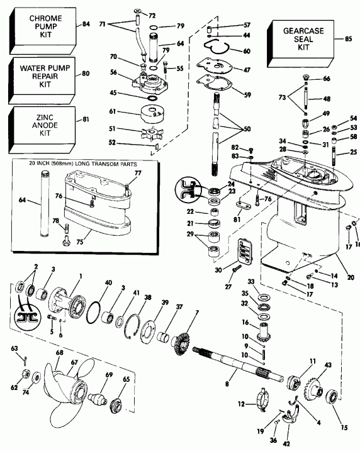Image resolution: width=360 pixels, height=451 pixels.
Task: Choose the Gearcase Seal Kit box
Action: pyautogui.click(x=301, y=38)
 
